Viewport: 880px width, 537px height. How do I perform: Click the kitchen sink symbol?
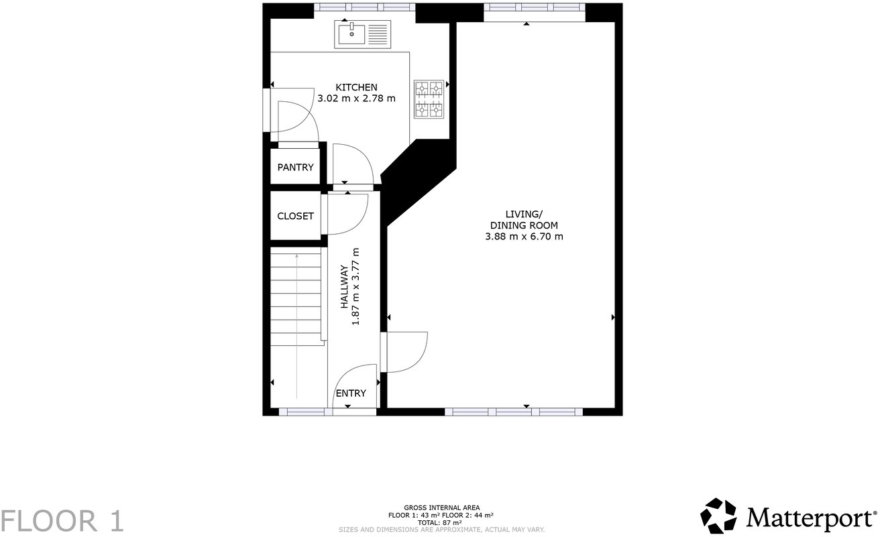(362, 33)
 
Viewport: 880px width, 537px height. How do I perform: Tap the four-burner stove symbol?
(429, 99)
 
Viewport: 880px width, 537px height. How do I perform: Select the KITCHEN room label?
(356, 87)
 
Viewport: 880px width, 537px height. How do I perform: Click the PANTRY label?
(295, 168)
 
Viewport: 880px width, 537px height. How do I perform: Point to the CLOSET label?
(295, 216)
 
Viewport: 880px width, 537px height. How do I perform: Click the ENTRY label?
(351, 394)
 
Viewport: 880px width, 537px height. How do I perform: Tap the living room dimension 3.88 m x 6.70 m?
(524, 236)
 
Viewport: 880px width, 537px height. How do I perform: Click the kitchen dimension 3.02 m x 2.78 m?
(356, 99)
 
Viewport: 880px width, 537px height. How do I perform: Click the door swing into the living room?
(404, 351)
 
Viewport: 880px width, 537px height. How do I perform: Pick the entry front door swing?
(355, 383)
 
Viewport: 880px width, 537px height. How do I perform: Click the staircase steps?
(298, 295)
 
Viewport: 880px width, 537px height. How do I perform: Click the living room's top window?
(535, 7)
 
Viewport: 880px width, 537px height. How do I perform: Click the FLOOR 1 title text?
(62, 521)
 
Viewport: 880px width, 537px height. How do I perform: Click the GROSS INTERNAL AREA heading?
(441, 508)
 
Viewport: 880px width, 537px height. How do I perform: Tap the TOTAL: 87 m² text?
(441, 522)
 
